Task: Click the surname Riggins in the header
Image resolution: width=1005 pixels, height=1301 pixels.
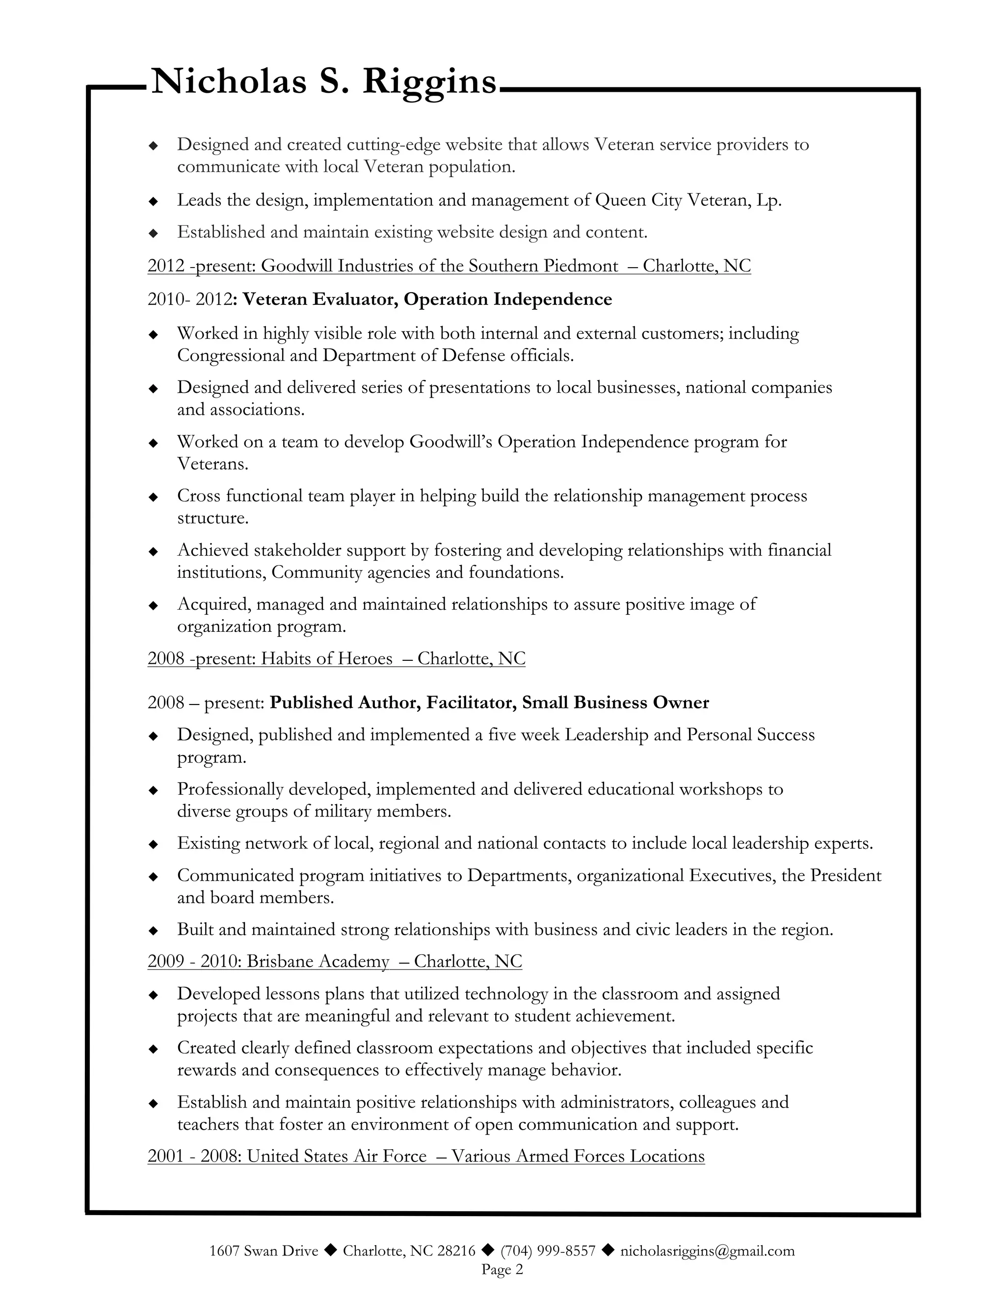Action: [429, 81]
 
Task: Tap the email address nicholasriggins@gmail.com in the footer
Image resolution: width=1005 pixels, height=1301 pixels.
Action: [707, 1250]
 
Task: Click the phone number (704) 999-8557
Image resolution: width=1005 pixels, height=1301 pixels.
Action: [548, 1250]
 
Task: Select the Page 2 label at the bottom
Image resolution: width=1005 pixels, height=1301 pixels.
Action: [502, 1270]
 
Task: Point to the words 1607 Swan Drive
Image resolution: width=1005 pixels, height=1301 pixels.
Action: [264, 1250]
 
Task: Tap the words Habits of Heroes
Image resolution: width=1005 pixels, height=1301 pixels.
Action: [327, 658]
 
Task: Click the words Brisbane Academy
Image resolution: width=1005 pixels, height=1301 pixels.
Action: [318, 961]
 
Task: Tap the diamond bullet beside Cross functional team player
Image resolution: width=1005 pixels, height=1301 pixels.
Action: [153, 497]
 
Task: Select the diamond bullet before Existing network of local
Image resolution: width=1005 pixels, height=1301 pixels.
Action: [153, 844]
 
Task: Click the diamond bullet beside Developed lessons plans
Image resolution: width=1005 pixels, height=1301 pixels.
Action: [153, 995]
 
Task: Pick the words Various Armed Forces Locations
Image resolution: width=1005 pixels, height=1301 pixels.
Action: [578, 1156]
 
